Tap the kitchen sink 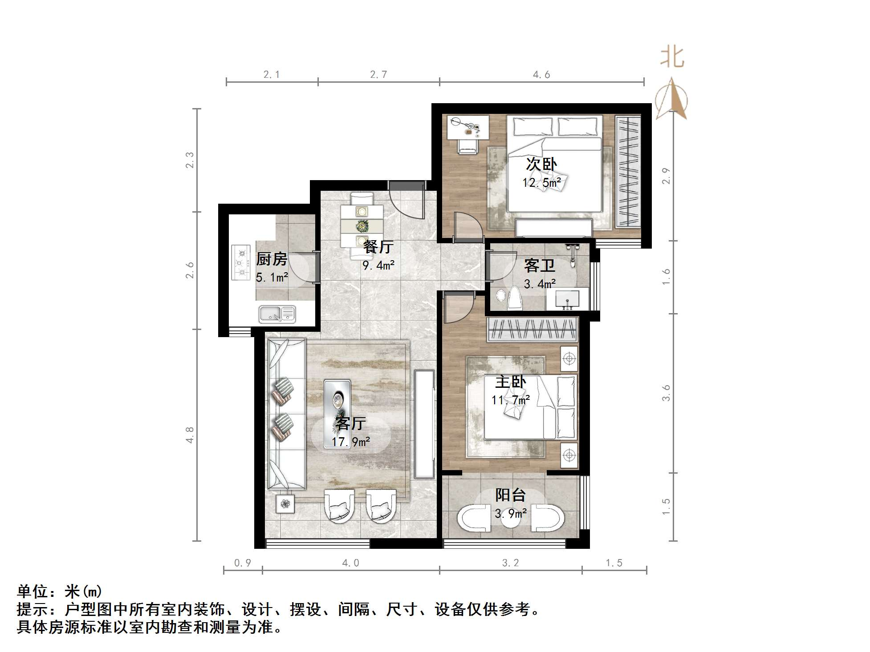point(277,314)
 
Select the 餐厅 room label point(378,246)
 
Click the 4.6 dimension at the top point(541,75)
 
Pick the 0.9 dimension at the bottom point(243,563)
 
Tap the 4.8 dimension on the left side point(190,435)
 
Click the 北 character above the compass point(672,58)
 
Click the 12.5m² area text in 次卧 point(541,182)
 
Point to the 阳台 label point(511,495)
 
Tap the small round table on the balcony point(511,520)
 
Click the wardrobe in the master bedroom point(533,330)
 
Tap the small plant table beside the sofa point(285,504)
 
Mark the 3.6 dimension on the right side point(666,393)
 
